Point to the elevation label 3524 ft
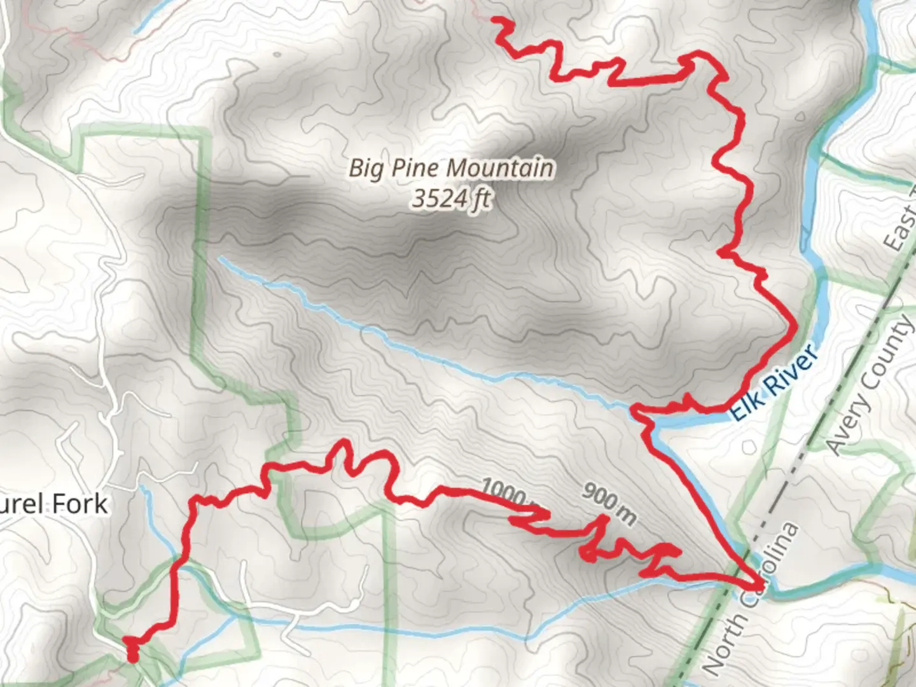450,199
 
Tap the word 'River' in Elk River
786,372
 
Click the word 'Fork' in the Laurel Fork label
80,504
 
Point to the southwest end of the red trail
132,657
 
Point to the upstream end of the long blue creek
220,258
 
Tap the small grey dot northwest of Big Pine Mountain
277,53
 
